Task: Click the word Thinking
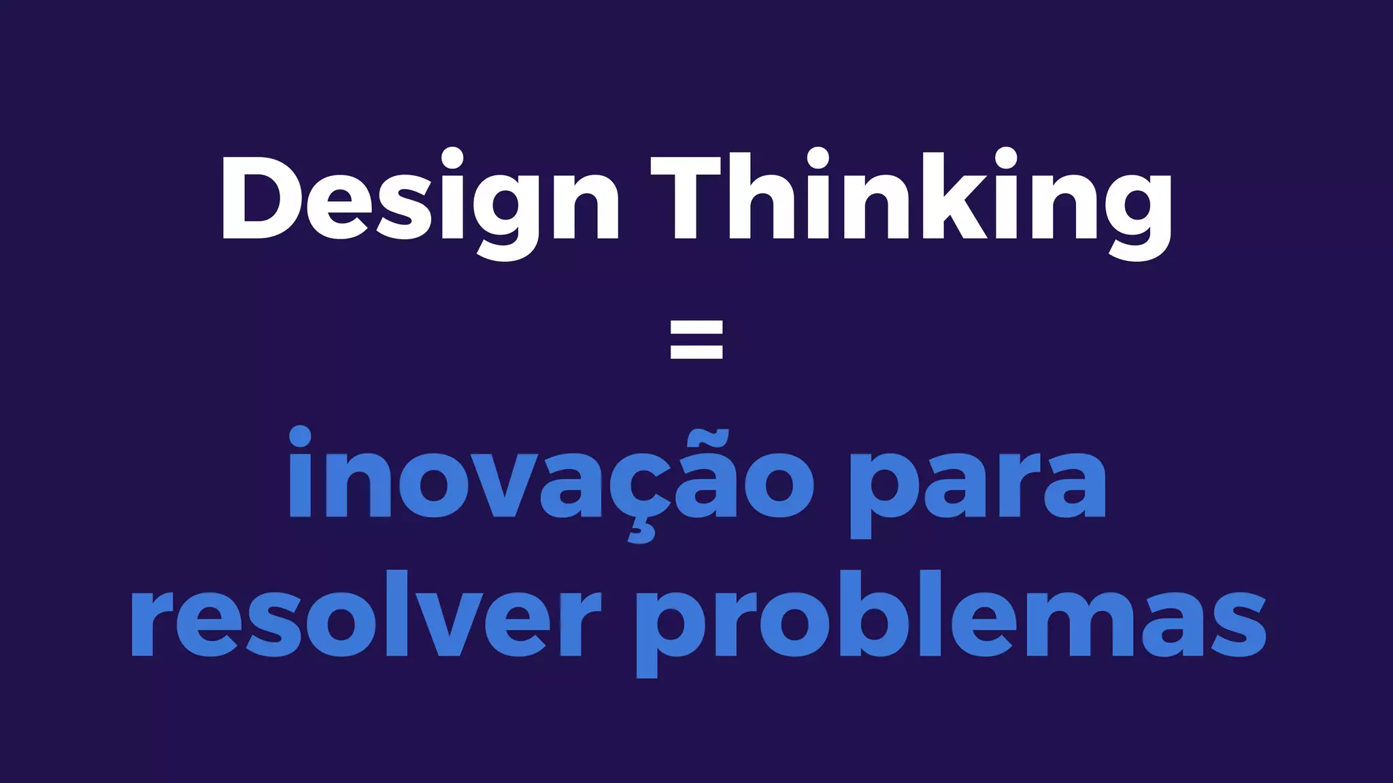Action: pos(911,197)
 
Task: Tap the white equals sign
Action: pos(696,339)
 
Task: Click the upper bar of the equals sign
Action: pos(696,328)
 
